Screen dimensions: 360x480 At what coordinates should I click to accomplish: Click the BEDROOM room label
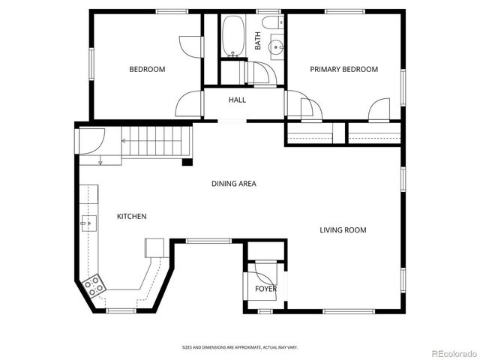[147, 70]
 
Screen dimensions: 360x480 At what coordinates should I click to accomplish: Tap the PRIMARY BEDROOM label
[344, 70]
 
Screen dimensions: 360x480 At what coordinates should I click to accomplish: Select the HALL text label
[237, 100]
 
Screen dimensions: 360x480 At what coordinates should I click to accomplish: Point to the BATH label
[258, 40]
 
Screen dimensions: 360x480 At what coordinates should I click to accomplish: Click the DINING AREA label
[234, 184]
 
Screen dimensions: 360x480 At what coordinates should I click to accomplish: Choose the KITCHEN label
[131, 217]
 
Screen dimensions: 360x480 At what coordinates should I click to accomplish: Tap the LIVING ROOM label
[343, 230]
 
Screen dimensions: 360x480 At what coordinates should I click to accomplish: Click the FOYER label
[265, 289]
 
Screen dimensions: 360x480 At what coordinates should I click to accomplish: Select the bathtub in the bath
[232, 35]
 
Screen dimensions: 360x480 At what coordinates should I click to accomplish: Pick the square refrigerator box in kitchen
[154, 247]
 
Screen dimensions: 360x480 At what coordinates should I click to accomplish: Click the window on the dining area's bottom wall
[208, 240]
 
